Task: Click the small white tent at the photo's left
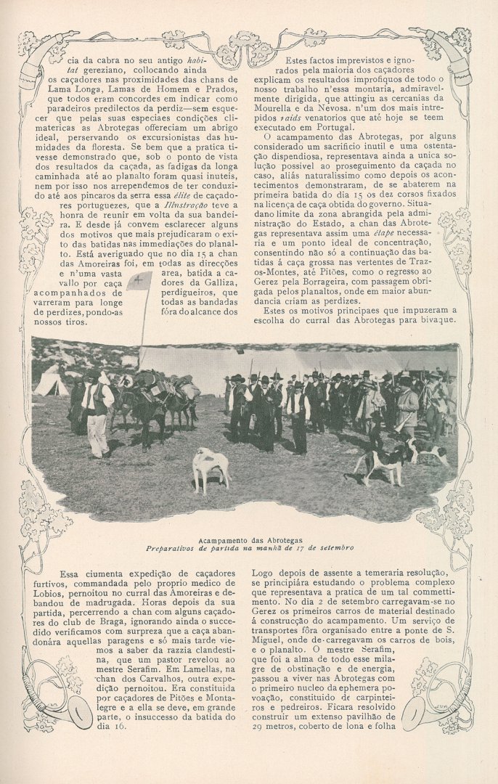[52, 384]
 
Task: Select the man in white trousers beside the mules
[97, 417]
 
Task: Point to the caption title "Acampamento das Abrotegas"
[250, 539]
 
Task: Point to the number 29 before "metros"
[258, 725]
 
